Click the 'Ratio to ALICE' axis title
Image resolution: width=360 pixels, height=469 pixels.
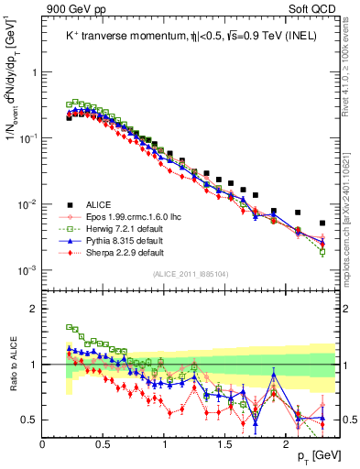[12, 364]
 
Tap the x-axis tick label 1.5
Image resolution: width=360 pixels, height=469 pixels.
[225, 443]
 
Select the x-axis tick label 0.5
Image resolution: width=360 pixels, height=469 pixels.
[104, 443]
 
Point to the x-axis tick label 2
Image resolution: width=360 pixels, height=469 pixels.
[287, 443]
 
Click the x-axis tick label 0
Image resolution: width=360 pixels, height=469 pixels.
[43, 443]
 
